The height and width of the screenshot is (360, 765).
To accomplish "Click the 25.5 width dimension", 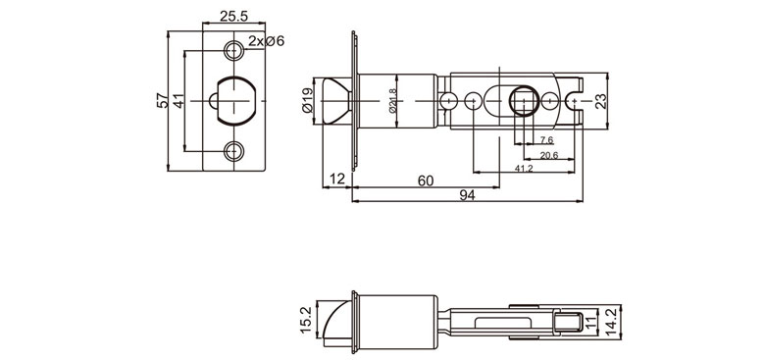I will click(233, 17).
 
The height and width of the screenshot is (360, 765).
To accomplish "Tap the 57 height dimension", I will click(164, 101).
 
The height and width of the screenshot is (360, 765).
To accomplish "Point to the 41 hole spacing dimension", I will click(180, 101).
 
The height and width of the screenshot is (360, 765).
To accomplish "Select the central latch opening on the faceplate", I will click(235, 100).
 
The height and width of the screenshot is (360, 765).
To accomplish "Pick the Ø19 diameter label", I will click(308, 100).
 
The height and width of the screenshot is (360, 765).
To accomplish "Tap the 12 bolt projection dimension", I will click(337, 180).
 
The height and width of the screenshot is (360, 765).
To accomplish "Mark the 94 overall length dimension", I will click(467, 196).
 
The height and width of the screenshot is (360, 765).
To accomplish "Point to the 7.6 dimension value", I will click(545, 141).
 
